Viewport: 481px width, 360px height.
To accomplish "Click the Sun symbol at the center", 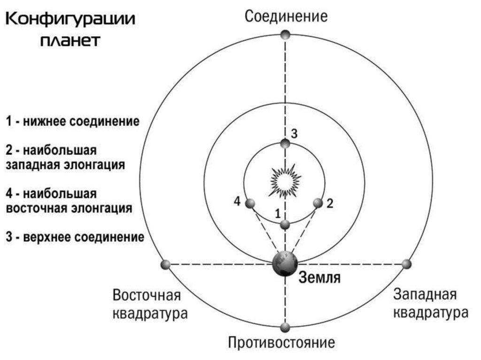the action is (x=285, y=180).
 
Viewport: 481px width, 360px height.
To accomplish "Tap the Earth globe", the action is (x=285, y=264).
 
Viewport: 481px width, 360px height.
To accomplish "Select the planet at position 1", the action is (x=285, y=225).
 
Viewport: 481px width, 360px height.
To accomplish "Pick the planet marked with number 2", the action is (x=318, y=203).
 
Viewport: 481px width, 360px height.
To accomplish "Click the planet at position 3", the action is (x=285, y=143).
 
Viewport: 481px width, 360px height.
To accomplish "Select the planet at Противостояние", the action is (x=285, y=327).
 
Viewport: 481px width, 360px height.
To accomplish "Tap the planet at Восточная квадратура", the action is (x=165, y=265).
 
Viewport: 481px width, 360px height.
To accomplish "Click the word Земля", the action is (x=319, y=277).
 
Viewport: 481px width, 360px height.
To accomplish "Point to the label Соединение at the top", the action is (x=286, y=16).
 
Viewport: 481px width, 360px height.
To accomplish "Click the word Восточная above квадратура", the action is (x=147, y=296).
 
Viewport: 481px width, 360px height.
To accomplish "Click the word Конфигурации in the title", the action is (x=70, y=20).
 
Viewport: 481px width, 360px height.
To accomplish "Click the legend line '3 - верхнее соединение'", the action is (x=75, y=237).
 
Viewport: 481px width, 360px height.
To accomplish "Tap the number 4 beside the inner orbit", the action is (x=237, y=201).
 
